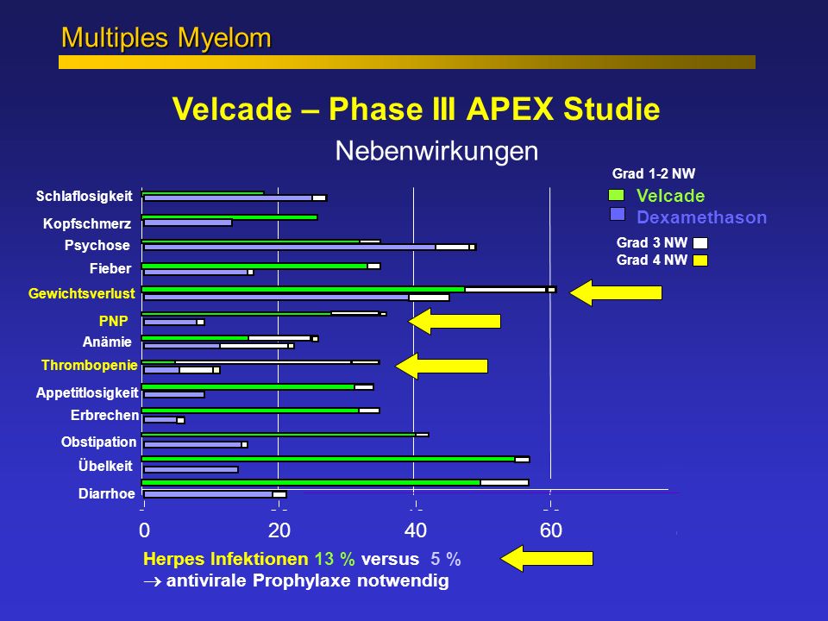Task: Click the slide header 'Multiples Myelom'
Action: tap(166, 38)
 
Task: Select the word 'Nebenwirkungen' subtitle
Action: tap(436, 151)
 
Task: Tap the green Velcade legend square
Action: tap(616, 195)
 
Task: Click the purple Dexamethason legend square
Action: tap(618, 214)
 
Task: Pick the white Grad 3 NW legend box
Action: tap(700, 243)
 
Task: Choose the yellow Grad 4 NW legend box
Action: tap(700, 260)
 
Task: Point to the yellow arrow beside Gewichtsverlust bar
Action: tap(616, 292)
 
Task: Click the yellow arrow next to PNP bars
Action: tap(455, 321)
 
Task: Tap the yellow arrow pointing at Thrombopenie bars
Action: tap(442, 366)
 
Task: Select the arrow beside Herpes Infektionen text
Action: tap(547, 558)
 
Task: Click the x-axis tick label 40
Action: tap(415, 530)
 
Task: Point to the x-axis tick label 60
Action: tap(551, 530)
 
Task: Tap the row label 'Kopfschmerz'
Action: tap(87, 223)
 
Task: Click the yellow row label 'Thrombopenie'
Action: tap(89, 365)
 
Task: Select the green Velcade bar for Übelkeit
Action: tap(328, 460)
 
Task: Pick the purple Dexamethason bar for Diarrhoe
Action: tap(208, 494)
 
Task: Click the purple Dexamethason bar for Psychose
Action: tap(290, 248)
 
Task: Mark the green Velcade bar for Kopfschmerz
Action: tap(229, 217)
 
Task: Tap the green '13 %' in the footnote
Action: tap(335, 559)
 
